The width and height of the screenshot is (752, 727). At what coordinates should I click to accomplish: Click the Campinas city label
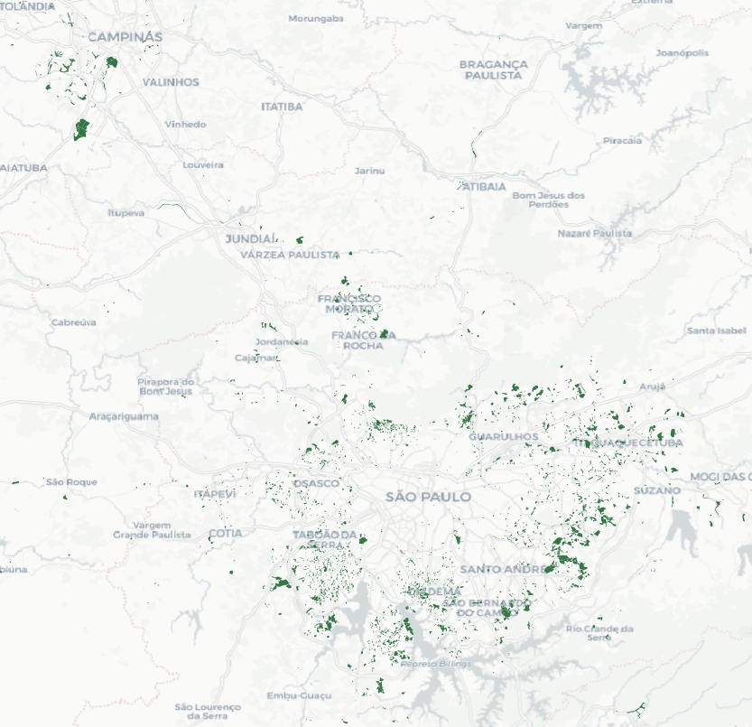125,37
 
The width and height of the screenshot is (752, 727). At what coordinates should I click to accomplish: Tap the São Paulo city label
428,497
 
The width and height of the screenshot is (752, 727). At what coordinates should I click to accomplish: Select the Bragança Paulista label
493,70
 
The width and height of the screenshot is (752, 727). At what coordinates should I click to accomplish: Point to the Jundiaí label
250,238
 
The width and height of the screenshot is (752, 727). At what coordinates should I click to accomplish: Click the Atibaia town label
485,186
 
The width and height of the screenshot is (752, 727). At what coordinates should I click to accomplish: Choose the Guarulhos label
503,437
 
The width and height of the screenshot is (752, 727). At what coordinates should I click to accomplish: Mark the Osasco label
317,483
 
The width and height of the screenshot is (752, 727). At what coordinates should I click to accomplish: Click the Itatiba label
282,107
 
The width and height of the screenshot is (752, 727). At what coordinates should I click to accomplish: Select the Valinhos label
171,82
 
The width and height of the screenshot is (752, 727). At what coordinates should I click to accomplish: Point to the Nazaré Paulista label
595,233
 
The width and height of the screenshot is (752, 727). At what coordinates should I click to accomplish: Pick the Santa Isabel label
717,331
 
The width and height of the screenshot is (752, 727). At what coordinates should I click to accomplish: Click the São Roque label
72,482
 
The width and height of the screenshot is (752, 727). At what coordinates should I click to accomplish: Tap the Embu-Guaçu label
299,695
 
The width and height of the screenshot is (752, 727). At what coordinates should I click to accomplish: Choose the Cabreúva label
74,322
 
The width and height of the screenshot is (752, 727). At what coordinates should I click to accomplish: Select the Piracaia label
622,140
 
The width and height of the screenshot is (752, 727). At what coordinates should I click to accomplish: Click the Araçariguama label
125,416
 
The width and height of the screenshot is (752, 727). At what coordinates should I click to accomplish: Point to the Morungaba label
316,18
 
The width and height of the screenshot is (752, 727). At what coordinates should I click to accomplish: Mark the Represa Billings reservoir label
436,664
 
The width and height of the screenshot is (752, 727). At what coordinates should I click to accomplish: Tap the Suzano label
657,489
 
